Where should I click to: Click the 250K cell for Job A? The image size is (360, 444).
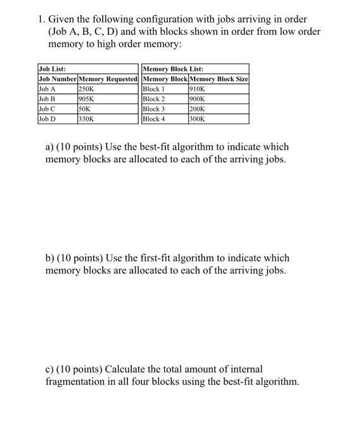pos(86,89)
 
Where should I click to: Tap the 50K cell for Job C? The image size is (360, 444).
pos(84,108)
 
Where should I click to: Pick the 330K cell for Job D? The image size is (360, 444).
pos(86,118)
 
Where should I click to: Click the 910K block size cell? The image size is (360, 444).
pos(197,89)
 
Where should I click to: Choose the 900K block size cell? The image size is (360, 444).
pos(197,99)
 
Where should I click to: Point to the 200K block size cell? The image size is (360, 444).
pos(197,108)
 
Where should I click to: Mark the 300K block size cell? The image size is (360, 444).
pos(197,118)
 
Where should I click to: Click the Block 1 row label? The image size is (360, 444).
pos(154,89)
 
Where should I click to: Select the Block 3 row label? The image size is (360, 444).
pos(154,108)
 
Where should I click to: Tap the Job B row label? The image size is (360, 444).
pos(47,99)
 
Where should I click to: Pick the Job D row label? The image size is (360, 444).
pos(47,118)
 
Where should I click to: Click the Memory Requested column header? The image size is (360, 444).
pos(108,79)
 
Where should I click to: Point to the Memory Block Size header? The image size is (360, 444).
pos(219,79)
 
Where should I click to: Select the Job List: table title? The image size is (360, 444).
pos(52,69)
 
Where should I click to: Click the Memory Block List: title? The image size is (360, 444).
pos(174,69)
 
